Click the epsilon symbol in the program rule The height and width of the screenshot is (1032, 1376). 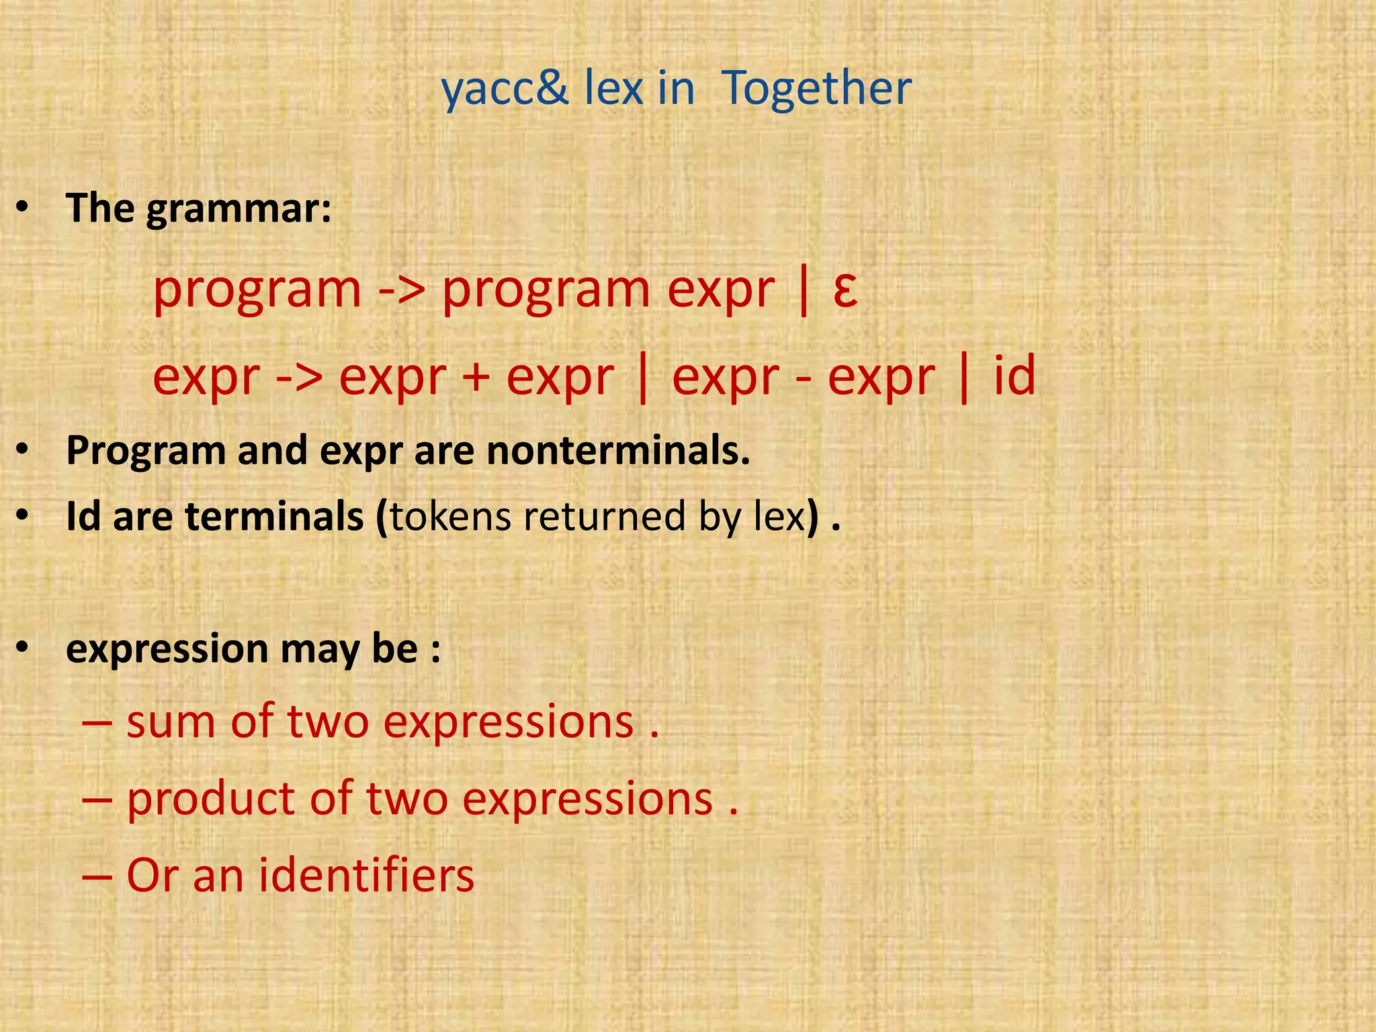(x=845, y=290)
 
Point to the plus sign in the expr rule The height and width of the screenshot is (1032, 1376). (x=476, y=377)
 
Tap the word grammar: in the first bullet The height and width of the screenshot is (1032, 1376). (x=239, y=209)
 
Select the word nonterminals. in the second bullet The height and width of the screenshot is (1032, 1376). (x=618, y=450)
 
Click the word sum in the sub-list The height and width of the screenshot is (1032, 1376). (x=171, y=722)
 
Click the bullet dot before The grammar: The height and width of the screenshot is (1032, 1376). (x=23, y=209)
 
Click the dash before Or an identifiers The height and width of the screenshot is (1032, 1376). (x=97, y=877)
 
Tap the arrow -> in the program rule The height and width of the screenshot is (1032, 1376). (x=401, y=290)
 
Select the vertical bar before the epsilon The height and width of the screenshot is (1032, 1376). (x=804, y=290)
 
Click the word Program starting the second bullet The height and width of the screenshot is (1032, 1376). (x=145, y=451)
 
